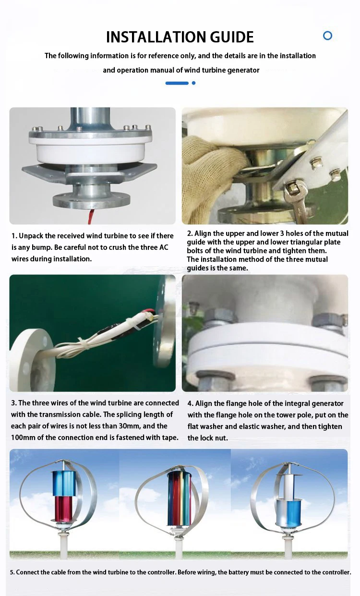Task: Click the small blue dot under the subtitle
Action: click(193, 83)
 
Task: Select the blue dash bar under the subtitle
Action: click(177, 83)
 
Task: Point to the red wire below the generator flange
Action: click(91, 216)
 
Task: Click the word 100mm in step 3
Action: click(23, 438)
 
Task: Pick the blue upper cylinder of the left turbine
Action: click(63, 483)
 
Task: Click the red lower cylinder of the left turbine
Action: click(63, 509)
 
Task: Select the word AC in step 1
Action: click(164, 247)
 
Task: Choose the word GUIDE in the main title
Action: click(232, 37)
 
